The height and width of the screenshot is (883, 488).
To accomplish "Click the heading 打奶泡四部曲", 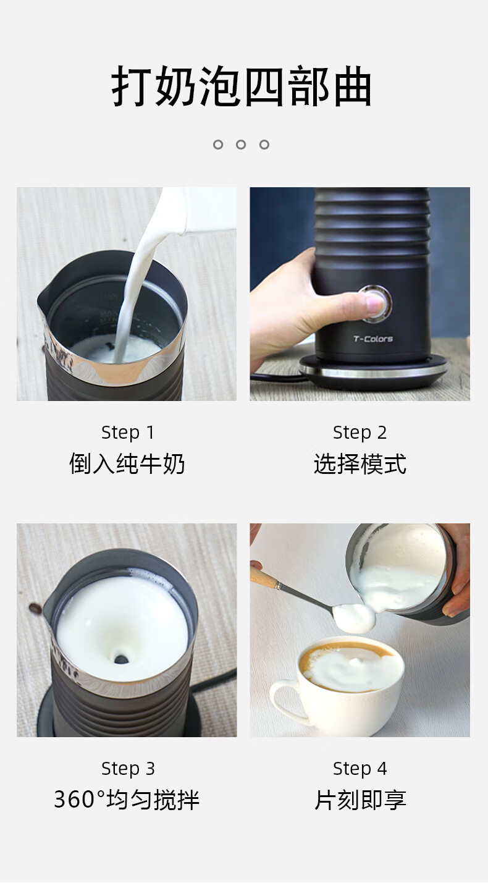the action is (242, 87).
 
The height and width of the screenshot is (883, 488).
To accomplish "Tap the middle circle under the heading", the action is (241, 145).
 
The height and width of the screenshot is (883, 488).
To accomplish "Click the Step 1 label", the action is (127, 433).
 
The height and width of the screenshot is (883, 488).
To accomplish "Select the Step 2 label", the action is (360, 433).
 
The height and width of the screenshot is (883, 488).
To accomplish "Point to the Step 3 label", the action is (128, 769).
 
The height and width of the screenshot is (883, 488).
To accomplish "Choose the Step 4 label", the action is (360, 769).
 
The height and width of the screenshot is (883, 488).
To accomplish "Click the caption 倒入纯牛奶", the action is (127, 463).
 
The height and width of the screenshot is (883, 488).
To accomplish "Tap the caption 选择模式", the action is (360, 463).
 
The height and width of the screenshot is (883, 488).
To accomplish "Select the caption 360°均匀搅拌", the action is (127, 800).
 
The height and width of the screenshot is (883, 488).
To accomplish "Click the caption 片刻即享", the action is (360, 800).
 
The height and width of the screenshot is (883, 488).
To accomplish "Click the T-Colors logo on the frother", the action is (373, 339).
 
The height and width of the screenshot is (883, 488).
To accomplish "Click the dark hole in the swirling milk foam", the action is (121, 658).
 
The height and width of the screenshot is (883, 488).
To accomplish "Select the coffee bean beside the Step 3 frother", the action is (35, 609).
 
